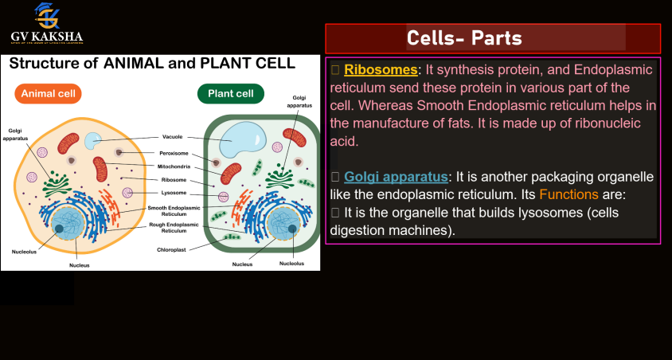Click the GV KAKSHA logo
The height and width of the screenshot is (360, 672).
pyautogui.click(x=47, y=23)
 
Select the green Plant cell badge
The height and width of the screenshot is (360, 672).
pyautogui.click(x=230, y=94)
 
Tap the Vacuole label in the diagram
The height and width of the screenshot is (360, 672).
pyautogui.click(x=172, y=136)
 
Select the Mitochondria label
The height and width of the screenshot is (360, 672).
pyautogui.click(x=176, y=166)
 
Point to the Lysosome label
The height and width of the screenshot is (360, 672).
pyautogui.click(x=173, y=193)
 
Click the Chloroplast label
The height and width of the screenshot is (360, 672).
pyautogui.click(x=172, y=249)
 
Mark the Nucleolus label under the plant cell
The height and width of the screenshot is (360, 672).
pyautogui.click(x=291, y=264)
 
